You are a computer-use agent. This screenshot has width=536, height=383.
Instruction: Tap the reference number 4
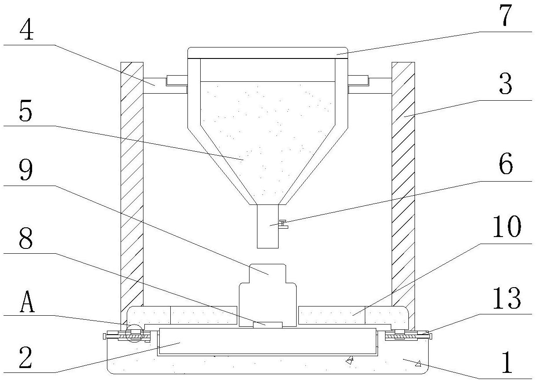pos(27,29)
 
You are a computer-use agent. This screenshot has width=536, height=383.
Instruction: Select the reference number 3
pos(506,85)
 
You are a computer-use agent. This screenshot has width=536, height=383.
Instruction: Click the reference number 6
pos(506,166)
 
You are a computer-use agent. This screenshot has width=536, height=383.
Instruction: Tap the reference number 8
pos(26,238)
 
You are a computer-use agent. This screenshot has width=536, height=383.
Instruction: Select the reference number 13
pos(506,299)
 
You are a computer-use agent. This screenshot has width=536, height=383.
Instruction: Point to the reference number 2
pos(27,358)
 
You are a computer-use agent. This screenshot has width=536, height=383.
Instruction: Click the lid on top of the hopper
pos(267,53)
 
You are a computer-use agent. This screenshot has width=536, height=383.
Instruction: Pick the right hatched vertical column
pos(403,185)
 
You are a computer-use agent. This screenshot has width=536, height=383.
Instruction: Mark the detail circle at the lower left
pos(134,334)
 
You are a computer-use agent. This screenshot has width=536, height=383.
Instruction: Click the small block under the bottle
pos(268,325)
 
